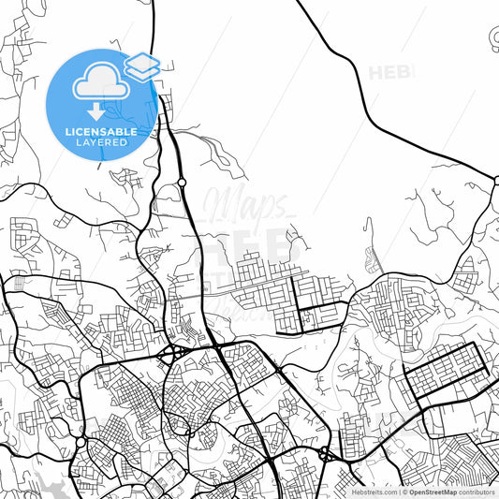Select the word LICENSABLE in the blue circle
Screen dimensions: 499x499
pyautogui.click(x=100, y=132)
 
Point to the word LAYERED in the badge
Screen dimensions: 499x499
pyautogui.click(x=100, y=143)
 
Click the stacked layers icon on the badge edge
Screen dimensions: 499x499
pyautogui.click(x=142, y=65)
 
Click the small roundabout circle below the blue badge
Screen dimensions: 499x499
pyautogui.click(x=182, y=182)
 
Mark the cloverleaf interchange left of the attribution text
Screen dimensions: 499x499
pyautogui.click(x=327, y=455)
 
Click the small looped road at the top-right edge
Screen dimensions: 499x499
pyautogui.click(x=494, y=37)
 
